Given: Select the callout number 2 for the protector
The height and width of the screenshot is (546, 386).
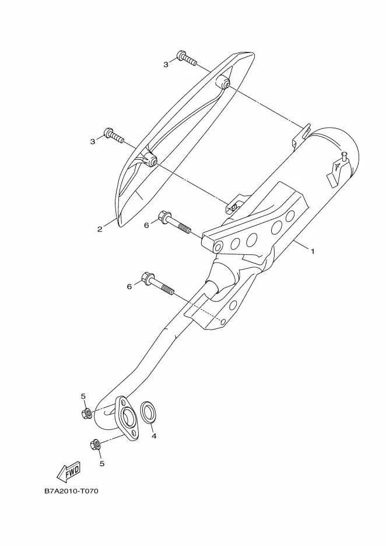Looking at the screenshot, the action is [x=100, y=229].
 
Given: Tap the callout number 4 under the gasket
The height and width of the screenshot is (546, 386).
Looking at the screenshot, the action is [x=153, y=436].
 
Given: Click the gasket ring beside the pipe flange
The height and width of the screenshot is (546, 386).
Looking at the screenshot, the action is [x=148, y=412].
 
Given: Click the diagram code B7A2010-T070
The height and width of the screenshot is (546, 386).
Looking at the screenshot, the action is [x=71, y=491].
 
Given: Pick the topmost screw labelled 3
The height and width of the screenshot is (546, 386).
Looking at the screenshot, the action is [x=187, y=58].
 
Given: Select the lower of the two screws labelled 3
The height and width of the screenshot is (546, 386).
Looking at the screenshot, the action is [x=114, y=135].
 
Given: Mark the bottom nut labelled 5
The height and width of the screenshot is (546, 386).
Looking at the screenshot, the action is [x=95, y=444].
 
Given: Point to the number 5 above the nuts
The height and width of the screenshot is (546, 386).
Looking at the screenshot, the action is [x=83, y=396].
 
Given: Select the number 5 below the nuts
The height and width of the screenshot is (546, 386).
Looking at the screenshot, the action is [x=102, y=464].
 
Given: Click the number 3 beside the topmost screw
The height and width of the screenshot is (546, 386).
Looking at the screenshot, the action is [x=166, y=65].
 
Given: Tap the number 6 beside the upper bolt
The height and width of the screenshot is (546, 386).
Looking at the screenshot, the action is [x=146, y=226].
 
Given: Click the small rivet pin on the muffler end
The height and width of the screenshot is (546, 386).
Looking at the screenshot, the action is [x=344, y=156].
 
